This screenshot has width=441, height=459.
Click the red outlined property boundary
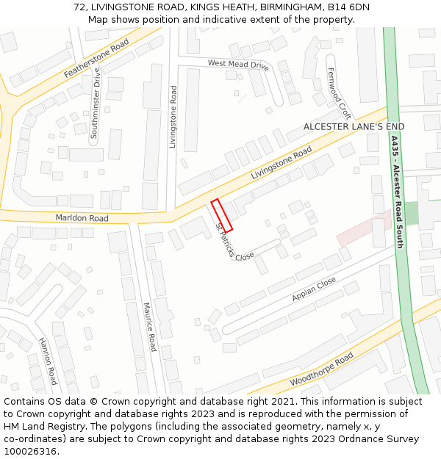coord(222,215)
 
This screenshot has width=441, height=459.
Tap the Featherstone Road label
coord(96,59)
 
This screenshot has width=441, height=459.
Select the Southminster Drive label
coord(95,104)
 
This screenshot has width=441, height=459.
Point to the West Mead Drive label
coord(237,65)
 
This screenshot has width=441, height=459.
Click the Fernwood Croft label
coord(339,93)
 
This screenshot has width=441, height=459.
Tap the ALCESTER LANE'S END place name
coord(354,127)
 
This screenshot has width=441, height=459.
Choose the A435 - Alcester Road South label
coord(396,191)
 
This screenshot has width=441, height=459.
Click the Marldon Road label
coord(82,218)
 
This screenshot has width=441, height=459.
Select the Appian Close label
coord(314,289)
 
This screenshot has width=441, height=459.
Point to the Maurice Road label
coord(149,327)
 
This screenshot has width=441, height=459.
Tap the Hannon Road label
coord(48,361)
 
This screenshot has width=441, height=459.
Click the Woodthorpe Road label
coord(321,369)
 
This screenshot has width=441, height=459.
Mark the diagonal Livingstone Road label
coord(282,165)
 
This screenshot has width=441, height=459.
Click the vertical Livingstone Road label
coord(173,117)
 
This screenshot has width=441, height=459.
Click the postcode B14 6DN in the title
coord(349,7)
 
